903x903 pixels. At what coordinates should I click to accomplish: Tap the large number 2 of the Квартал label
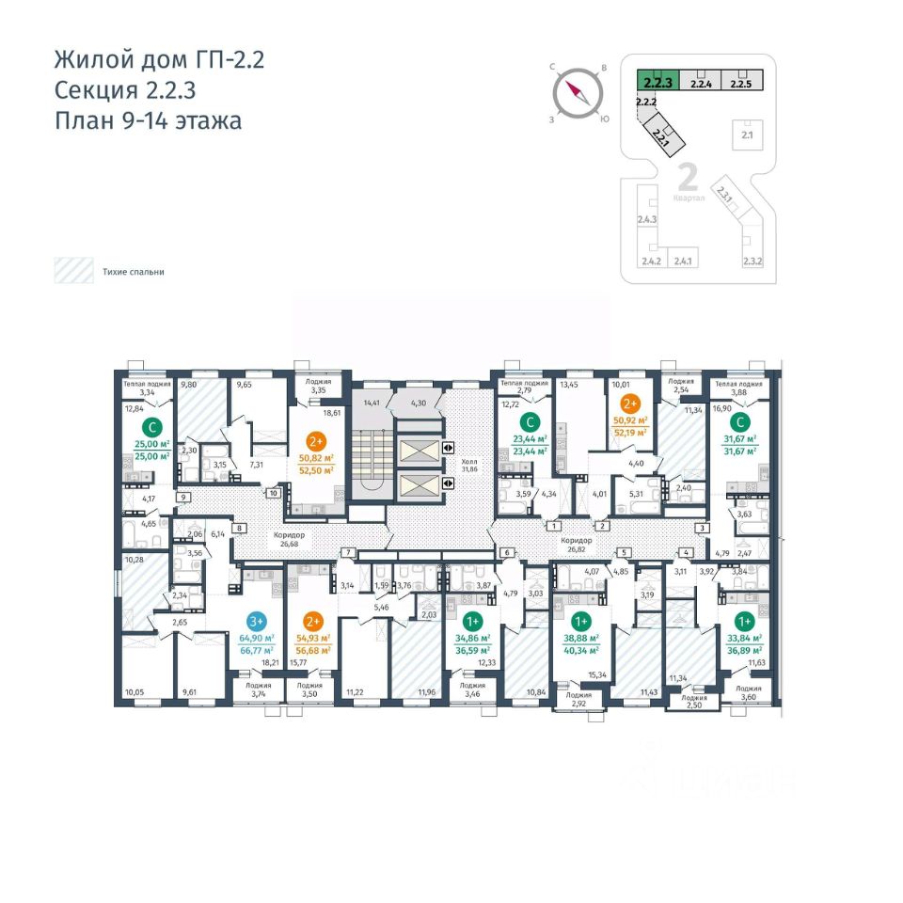(x=687, y=176)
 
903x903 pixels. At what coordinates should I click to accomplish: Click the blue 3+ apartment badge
(x=255, y=621)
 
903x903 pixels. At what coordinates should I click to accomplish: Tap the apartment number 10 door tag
(x=273, y=493)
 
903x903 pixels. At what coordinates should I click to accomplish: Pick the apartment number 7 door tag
(x=348, y=552)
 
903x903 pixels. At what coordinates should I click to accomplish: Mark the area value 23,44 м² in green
(x=531, y=438)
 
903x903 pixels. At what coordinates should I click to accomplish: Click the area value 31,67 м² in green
(x=742, y=438)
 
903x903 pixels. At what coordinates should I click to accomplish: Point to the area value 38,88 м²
(x=580, y=638)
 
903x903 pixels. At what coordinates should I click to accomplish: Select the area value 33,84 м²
(x=744, y=638)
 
